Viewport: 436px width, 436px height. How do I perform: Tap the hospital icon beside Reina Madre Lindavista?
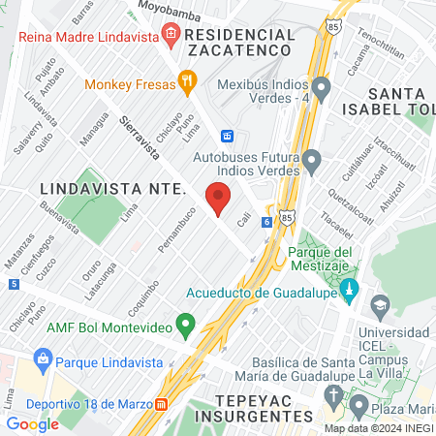tap(171, 35)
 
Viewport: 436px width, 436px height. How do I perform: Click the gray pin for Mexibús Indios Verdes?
tap(322, 88)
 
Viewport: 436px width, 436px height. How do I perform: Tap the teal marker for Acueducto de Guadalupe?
tap(350, 289)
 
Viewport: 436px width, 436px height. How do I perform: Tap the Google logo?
tap(33, 423)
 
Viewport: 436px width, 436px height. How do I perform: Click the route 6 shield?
tap(265, 222)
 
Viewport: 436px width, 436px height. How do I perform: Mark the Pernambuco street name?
tap(176, 230)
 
